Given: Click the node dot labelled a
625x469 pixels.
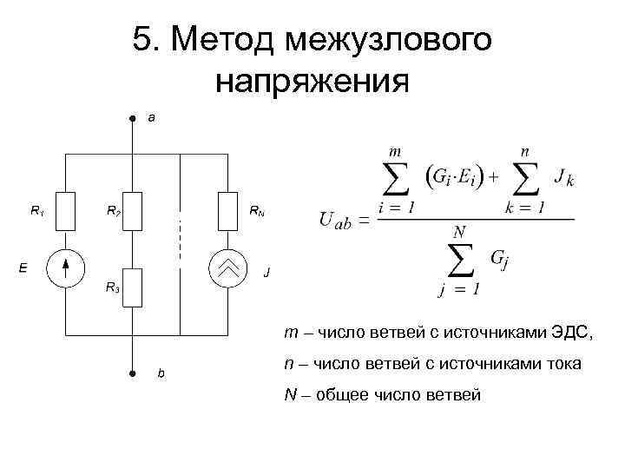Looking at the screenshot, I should (x=132, y=116).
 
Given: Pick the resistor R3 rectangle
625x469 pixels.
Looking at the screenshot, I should (x=132, y=287).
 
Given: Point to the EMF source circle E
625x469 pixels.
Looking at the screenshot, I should (x=67, y=268).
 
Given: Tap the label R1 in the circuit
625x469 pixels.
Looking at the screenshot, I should (x=37, y=209).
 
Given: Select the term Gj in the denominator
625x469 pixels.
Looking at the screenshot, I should (x=500, y=260).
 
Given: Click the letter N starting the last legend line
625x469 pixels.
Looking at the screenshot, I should (x=289, y=395).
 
